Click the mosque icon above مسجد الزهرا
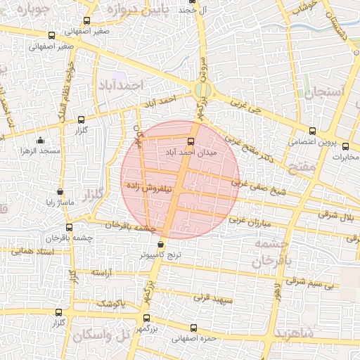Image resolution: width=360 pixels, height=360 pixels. [x=40, y=140]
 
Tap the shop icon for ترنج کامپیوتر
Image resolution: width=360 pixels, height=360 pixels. [x=160, y=245]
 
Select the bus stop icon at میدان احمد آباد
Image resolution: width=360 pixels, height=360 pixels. [x=191, y=141]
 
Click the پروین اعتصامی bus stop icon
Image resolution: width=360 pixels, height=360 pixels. [x=313, y=130]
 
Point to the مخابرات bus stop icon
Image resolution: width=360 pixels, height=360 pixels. [x=345, y=146]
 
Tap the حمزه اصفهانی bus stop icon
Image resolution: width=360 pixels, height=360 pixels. [x=193, y=328]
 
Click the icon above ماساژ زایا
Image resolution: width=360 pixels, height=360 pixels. [x=60, y=191]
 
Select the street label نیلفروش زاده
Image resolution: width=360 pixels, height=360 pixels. [x=150, y=188]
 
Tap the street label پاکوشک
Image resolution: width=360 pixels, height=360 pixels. [x=109, y=303]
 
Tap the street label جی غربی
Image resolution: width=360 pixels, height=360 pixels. [x=245, y=106]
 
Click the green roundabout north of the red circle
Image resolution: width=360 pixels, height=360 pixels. [x=202, y=90]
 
